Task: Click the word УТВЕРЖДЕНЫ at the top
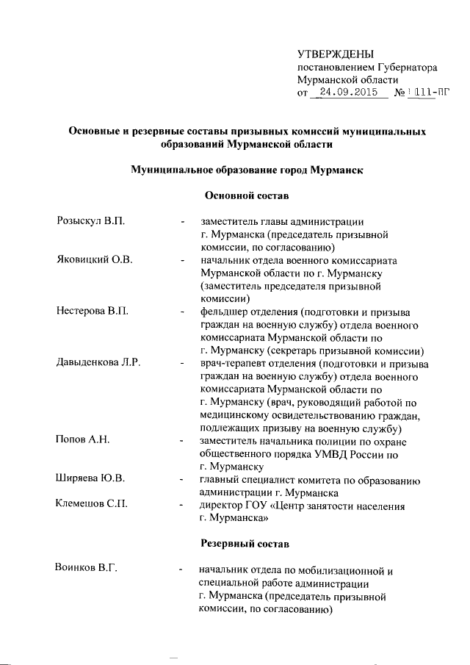tap(335, 54)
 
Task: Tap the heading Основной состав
tap(245, 197)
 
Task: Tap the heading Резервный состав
tap(245, 544)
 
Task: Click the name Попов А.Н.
tap(82, 440)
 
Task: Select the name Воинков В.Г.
tap(87, 569)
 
